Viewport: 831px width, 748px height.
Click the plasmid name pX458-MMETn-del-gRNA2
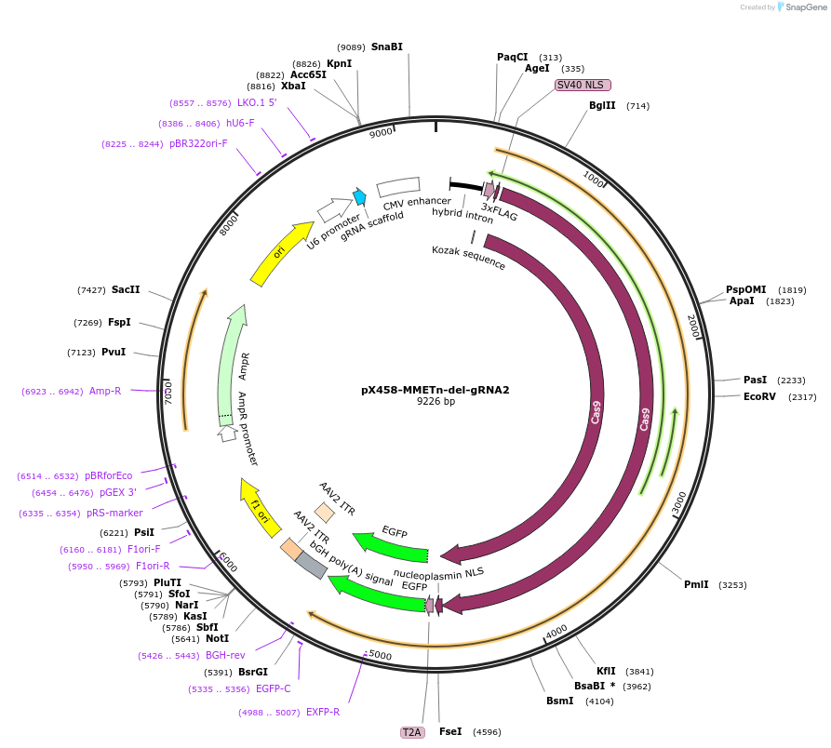435,390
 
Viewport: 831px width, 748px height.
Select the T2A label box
411,732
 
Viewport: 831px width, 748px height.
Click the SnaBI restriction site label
386,47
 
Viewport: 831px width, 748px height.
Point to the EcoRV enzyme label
758,397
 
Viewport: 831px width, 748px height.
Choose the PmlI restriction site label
696,584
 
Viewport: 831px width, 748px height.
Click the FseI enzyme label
450,732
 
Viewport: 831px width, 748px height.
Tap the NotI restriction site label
217,638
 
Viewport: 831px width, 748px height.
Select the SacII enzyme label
126,290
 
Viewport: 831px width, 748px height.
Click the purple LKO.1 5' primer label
257,102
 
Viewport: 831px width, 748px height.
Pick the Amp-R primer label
105,392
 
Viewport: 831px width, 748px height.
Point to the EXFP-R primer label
323,712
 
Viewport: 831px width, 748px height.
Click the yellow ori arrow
282,251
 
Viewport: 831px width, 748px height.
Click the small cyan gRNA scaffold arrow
359,196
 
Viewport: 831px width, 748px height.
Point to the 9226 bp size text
436,402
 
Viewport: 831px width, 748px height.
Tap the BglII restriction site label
602,106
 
